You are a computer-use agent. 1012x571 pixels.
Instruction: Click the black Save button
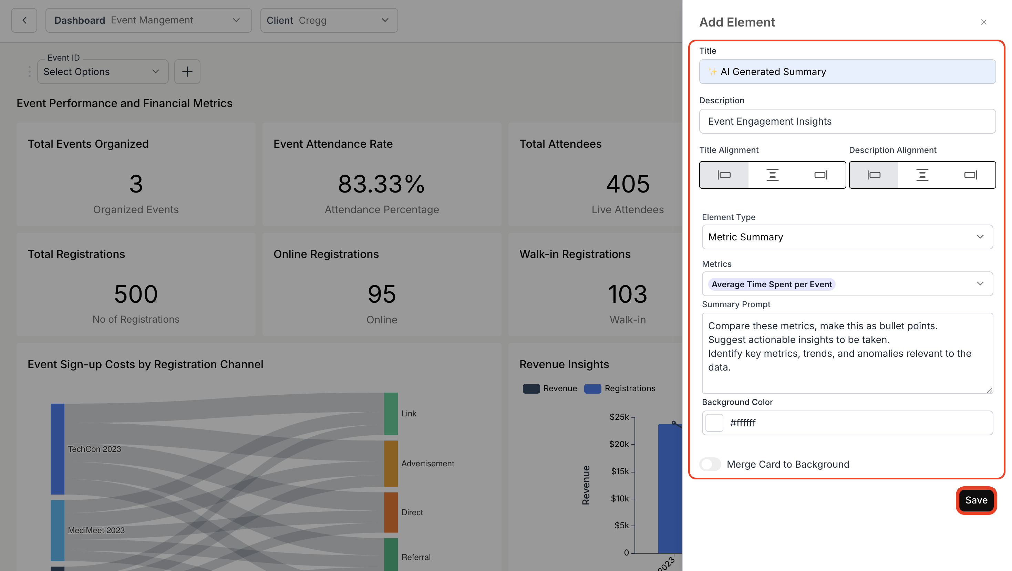click(x=976, y=500)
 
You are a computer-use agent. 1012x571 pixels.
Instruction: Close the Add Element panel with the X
click(x=983, y=22)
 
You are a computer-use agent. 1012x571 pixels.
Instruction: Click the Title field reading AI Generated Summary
click(x=847, y=72)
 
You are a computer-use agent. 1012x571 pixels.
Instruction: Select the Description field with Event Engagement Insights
click(x=847, y=121)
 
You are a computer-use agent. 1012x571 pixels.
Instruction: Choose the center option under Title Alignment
click(x=772, y=175)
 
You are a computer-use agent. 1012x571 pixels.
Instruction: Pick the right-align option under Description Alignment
click(x=970, y=175)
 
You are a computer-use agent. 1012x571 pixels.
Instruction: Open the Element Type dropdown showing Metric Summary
click(x=847, y=237)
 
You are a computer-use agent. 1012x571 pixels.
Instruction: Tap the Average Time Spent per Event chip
click(x=771, y=284)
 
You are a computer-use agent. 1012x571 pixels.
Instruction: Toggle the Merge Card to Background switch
click(x=710, y=464)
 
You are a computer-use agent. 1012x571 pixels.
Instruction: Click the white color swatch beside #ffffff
click(x=714, y=423)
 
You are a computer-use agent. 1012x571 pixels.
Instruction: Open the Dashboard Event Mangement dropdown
click(x=148, y=20)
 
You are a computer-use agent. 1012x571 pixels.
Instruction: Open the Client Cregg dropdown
click(x=329, y=20)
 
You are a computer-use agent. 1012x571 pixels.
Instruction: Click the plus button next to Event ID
click(x=187, y=72)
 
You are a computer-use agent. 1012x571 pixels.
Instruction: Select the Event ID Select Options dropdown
click(x=103, y=72)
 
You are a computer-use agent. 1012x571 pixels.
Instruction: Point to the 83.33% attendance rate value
click(x=381, y=184)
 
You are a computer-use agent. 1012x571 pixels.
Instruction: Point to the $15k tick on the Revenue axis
click(x=620, y=471)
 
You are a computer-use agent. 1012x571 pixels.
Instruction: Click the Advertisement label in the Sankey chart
click(x=427, y=464)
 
